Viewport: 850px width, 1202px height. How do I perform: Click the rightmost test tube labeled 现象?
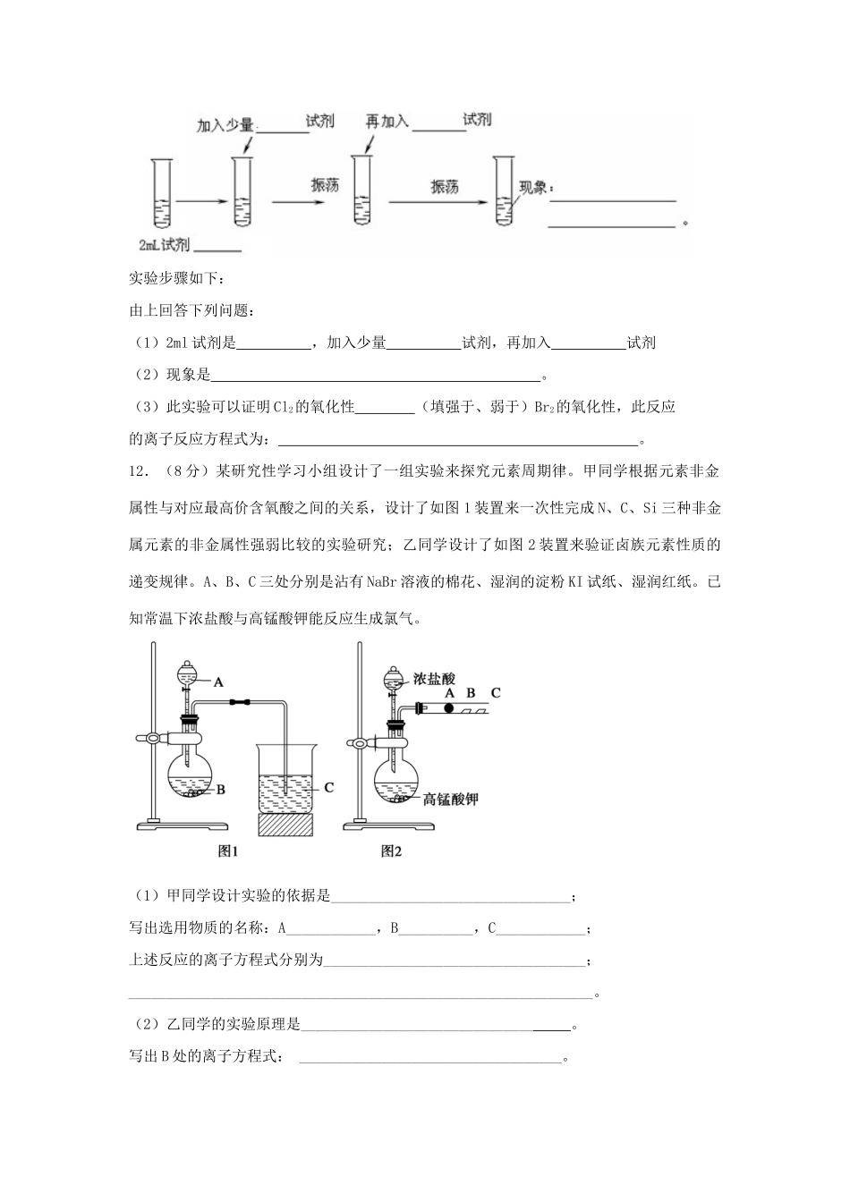point(503,190)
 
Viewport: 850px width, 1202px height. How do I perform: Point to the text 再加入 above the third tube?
point(387,121)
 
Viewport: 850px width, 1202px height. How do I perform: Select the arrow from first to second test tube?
point(200,202)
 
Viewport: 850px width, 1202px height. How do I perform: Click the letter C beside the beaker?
point(328,787)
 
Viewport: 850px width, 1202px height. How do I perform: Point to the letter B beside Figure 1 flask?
point(220,790)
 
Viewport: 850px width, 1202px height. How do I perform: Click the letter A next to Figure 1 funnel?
point(217,681)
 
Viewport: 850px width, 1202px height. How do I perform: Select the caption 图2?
point(391,851)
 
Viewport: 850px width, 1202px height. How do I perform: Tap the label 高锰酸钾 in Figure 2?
point(451,799)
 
